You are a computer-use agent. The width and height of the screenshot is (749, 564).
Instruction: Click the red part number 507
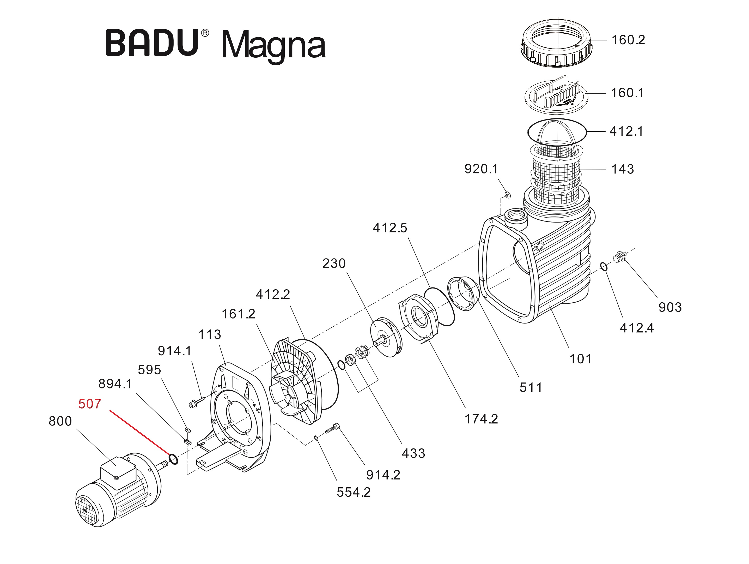[89, 404]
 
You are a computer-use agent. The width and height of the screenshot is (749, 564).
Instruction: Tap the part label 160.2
[628, 40]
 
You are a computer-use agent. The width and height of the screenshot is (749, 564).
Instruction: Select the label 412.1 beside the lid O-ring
[626, 131]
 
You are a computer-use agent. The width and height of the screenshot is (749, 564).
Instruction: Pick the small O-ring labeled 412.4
[604, 267]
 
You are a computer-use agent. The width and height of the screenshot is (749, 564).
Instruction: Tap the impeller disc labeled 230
[385, 337]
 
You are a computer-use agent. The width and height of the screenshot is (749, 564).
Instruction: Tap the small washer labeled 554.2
[316, 438]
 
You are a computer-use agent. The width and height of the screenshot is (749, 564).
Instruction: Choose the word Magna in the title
[273, 46]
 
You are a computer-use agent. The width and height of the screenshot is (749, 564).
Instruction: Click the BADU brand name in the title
[152, 43]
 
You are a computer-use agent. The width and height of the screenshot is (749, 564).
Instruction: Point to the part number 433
[413, 453]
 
